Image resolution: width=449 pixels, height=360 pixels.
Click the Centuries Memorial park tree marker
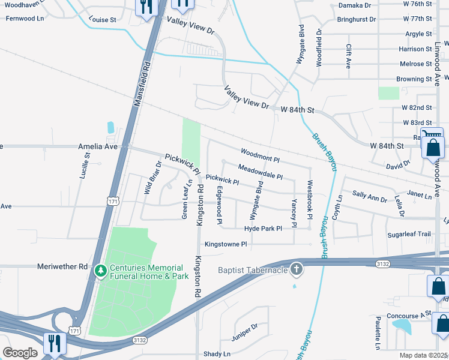pyautogui.click(x=100, y=272)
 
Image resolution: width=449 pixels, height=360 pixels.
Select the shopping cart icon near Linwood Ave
pyautogui.click(x=426, y=136)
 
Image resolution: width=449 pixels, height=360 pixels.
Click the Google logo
pyautogui.click(x=20, y=352)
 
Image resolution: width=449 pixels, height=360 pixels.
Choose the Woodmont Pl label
pyautogui.click(x=260, y=156)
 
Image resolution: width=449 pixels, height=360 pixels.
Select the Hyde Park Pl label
pyautogui.click(x=263, y=229)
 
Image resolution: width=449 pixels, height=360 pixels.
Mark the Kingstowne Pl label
pyautogui.click(x=226, y=244)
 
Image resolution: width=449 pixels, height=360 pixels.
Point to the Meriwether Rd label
pyautogui.click(x=62, y=266)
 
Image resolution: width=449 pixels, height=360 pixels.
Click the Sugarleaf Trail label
pyautogui.click(x=409, y=234)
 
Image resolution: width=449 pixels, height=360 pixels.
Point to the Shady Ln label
pyautogui.click(x=217, y=354)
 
